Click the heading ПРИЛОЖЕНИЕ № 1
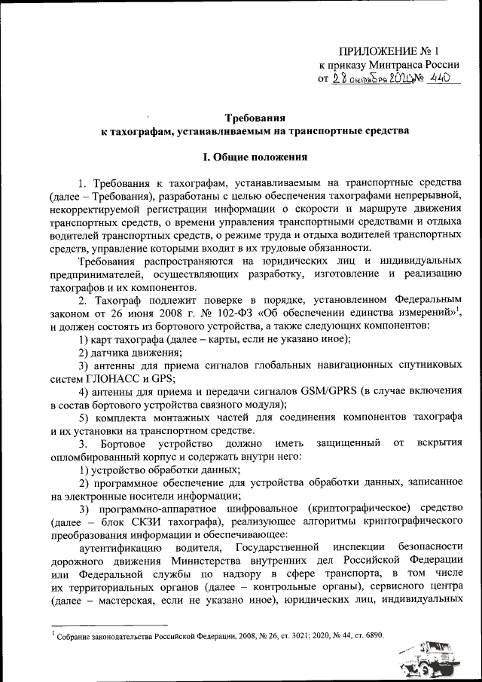coord(389,51)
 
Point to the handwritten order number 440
coord(444,78)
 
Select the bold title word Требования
coord(255,118)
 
